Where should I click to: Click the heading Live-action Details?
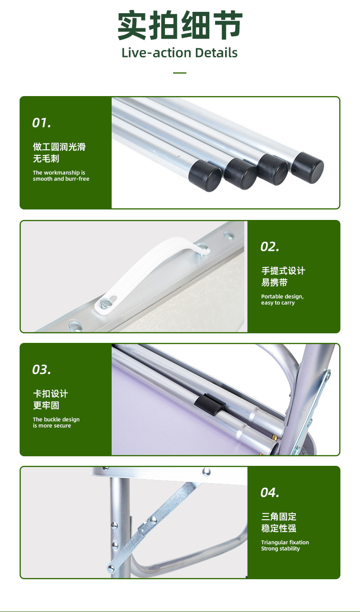point(180,53)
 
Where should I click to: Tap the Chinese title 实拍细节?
point(180,25)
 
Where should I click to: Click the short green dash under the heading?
point(180,73)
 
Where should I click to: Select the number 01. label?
point(41,123)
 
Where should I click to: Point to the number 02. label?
point(270,247)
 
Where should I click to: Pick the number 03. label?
point(41,370)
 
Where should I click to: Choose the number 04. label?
point(270,493)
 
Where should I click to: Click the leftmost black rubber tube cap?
point(205,176)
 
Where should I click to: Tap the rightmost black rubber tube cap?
point(308,168)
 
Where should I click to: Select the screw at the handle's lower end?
point(105,302)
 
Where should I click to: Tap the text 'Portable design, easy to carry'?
point(282,300)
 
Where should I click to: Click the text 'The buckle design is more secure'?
point(56,423)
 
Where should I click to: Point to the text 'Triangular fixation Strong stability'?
point(285,546)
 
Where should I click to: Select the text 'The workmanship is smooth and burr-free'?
point(61,176)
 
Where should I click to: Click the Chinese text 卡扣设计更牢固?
point(50,399)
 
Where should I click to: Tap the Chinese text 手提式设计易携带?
point(283,276)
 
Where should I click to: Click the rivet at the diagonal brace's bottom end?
point(111,569)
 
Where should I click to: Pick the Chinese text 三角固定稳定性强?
point(278,522)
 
